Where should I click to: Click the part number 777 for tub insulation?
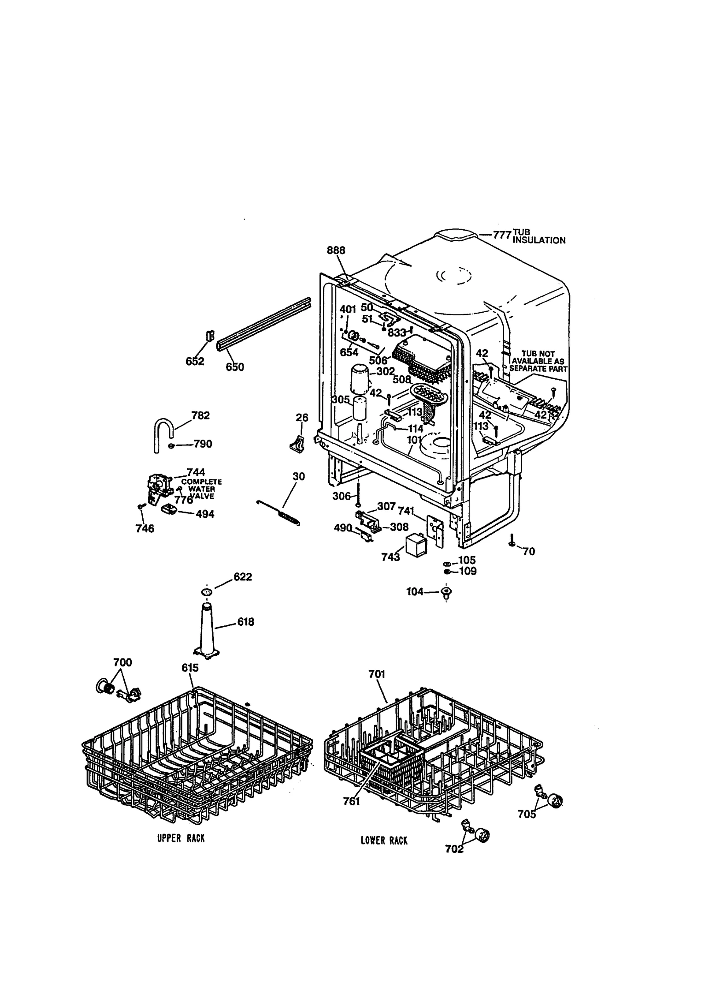[502, 235]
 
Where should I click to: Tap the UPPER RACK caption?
[181, 838]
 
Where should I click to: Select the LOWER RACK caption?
[384, 841]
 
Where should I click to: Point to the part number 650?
[235, 366]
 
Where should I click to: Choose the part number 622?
[243, 577]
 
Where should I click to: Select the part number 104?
[415, 592]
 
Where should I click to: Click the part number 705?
[527, 814]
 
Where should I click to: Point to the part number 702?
[454, 849]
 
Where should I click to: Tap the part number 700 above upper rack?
[122, 674]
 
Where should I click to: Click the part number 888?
[336, 250]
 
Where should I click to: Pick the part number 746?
[145, 528]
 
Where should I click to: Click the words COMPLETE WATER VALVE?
[202, 489]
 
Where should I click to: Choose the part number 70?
[529, 551]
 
